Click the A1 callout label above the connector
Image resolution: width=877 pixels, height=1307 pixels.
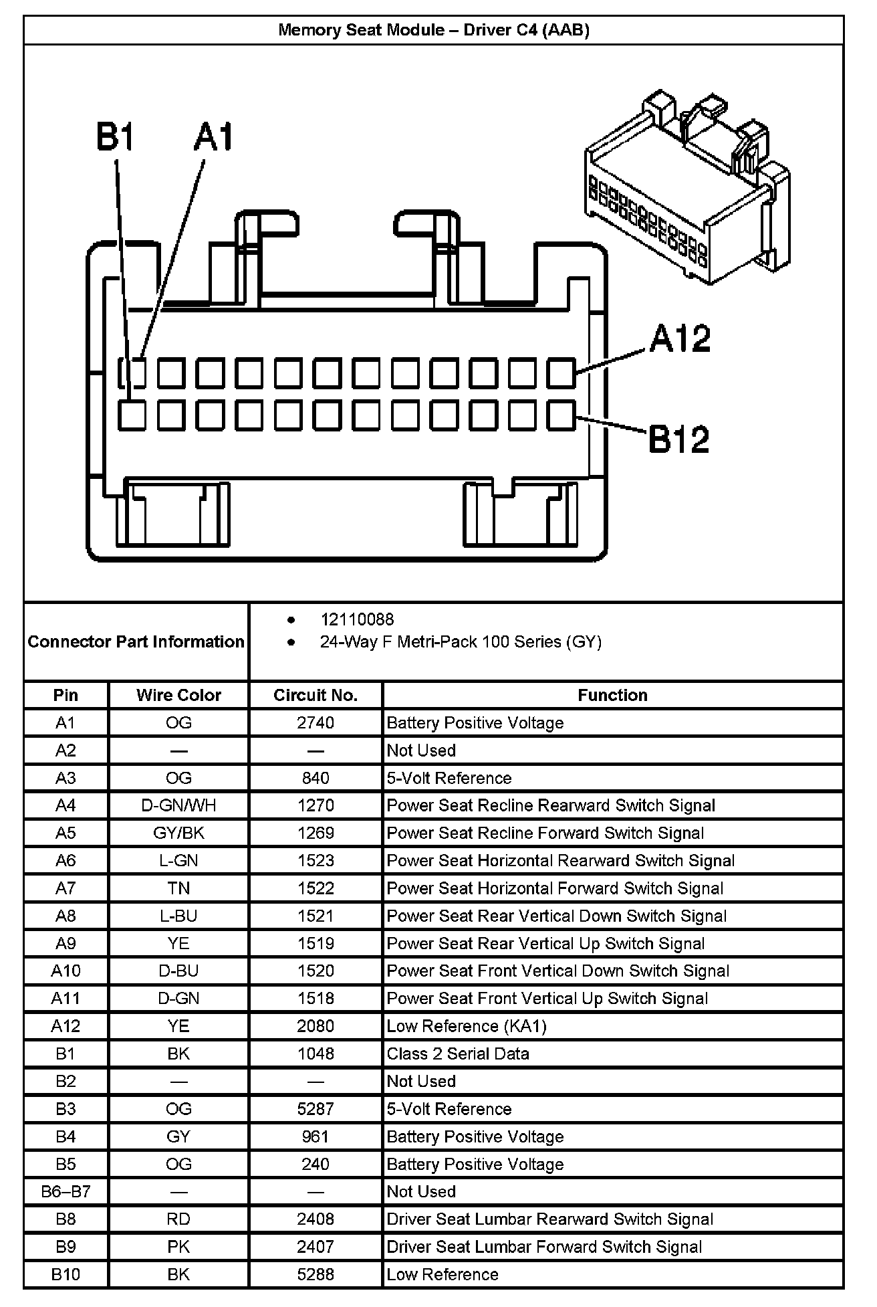click(214, 136)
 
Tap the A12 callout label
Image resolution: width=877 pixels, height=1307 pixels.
click(680, 339)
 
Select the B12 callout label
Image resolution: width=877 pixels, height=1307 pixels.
click(678, 439)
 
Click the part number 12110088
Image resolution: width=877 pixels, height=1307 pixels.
click(357, 619)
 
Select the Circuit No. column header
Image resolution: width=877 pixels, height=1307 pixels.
click(316, 695)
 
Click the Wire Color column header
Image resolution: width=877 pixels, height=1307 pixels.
click(178, 695)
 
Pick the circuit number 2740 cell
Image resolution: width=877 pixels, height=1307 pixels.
click(316, 722)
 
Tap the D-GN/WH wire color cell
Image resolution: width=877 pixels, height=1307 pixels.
click(178, 805)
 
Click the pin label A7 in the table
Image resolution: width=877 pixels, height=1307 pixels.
click(66, 888)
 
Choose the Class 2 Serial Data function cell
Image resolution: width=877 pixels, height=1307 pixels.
click(458, 1053)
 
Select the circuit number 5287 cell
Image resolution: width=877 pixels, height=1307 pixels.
click(316, 1109)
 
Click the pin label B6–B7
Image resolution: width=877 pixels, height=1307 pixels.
click(66, 1191)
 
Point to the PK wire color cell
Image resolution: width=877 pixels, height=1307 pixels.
click(178, 1247)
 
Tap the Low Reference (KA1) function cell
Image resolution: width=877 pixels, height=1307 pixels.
click(467, 1026)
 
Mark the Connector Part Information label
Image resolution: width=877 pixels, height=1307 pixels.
click(136, 641)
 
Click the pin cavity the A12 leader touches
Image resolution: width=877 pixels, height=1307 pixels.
click(561, 373)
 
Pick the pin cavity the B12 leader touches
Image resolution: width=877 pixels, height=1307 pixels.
click(561, 415)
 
